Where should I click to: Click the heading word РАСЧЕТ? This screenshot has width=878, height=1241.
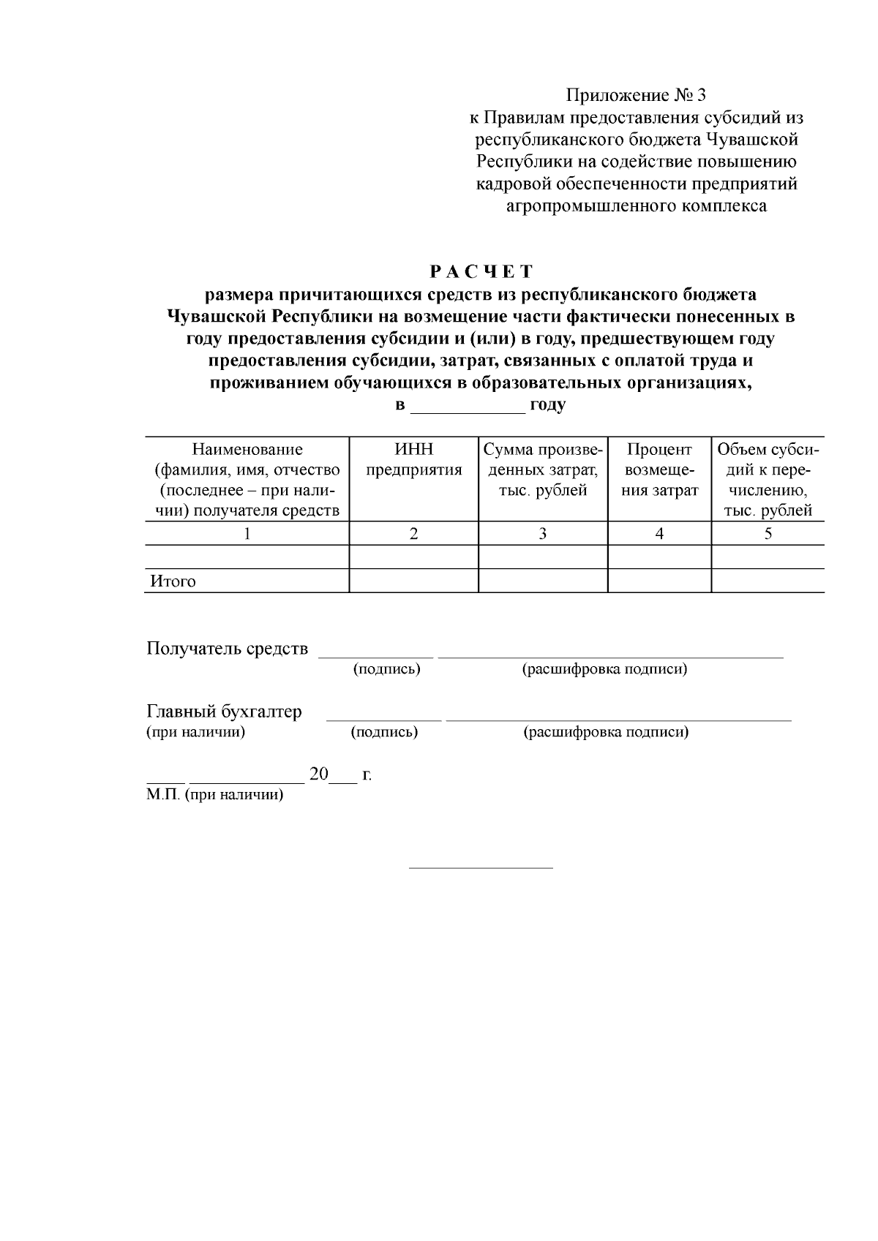coord(481,272)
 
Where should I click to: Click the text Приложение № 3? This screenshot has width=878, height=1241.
coord(637,95)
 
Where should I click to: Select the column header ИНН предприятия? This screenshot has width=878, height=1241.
coord(414,459)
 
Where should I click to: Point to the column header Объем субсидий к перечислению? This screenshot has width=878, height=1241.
coord(768,480)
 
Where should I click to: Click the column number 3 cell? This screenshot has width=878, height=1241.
coord(543,534)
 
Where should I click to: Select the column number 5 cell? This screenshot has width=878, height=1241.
coord(768,534)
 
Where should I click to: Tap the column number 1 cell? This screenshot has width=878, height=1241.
coord(247,534)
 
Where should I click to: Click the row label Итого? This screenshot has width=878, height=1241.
coord(173,581)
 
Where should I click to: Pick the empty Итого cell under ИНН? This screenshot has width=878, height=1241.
coord(414,581)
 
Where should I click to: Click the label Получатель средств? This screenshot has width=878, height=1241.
coord(228,649)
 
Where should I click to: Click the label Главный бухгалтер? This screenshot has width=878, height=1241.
coord(225,712)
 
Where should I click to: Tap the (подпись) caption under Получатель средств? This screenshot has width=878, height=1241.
coord(386,669)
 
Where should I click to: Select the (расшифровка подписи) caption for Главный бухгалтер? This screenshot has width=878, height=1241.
coord(606,732)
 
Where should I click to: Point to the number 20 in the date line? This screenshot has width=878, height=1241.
coord(319,774)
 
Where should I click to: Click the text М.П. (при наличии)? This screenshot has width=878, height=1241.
coord(214,795)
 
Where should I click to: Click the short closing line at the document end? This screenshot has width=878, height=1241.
coord(481,868)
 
